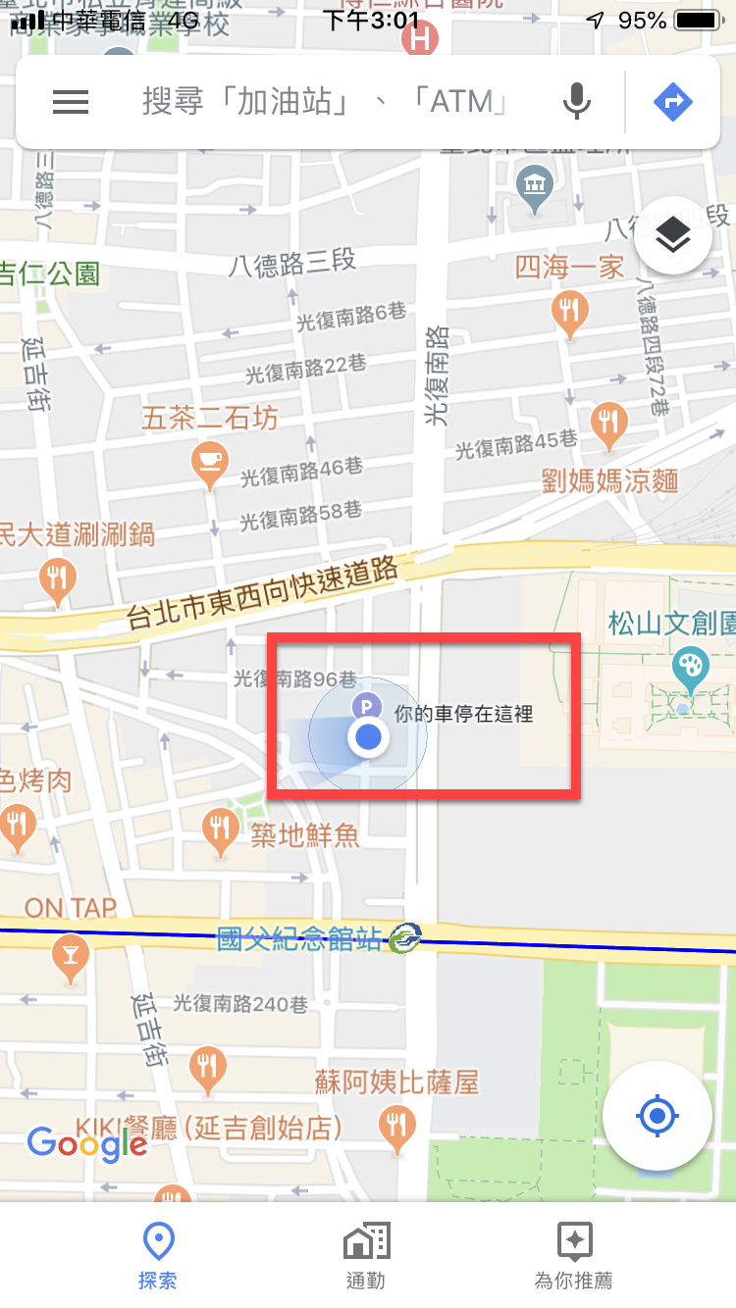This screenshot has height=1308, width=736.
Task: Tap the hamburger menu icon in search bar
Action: coord(71,102)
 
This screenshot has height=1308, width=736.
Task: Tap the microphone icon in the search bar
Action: coord(577,102)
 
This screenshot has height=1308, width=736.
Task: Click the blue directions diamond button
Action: coord(672,102)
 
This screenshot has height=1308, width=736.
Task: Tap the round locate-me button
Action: coord(657,1115)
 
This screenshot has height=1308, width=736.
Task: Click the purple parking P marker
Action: coord(367,705)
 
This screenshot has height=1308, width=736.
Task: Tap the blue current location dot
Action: coord(368,736)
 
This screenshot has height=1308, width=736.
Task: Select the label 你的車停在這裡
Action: coord(463,714)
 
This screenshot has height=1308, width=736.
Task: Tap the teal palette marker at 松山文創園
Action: coord(691,668)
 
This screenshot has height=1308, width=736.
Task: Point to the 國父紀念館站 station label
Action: coord(299,939)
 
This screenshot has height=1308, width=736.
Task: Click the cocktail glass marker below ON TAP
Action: coord(71,953)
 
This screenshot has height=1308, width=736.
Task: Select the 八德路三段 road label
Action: coord(292,263)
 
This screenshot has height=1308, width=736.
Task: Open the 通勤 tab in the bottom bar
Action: coord(366,1256)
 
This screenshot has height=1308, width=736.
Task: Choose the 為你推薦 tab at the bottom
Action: coord(574,1256)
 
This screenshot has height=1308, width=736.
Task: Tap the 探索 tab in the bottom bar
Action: coord(158,1256)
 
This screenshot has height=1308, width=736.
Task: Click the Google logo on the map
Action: coord(86,1143)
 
